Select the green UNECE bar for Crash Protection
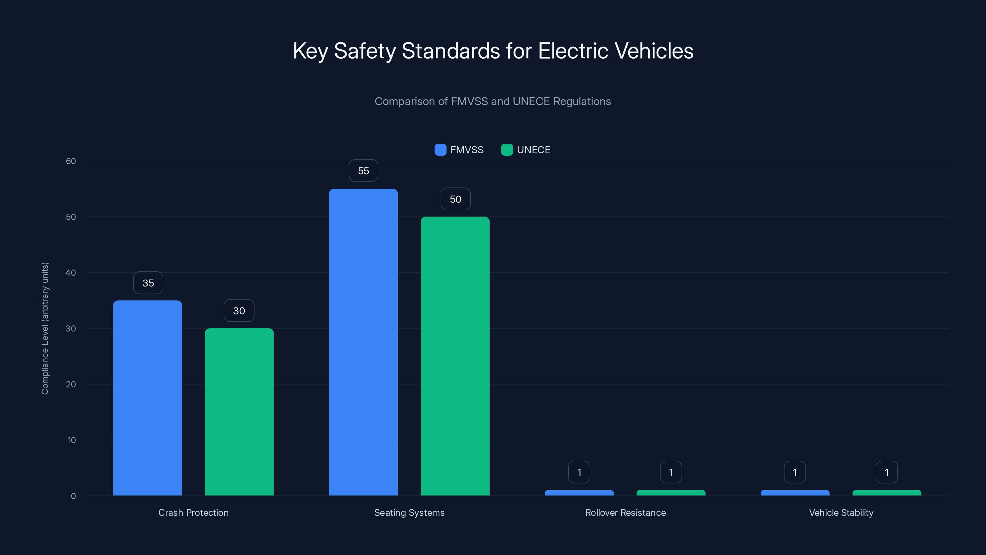(x=239, y=412)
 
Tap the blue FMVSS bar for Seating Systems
(x=363, y=342)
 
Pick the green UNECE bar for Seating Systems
(x=455, y=356)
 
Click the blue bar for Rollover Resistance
(x=579, y=493)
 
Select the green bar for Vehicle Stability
(x=886, y=493)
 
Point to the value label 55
(x=363, y=171)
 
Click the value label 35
(x=148, y=283)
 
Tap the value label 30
(x=239, y=310)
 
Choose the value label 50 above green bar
(x=455, y=199)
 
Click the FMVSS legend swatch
(x=440, y=150)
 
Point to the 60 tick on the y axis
(x=71, y=161)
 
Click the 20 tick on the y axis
(x=71, y=384)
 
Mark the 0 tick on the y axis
(x=73, y=496)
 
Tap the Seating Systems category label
(x=409, y=512)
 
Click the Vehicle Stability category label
(x=841, y=512)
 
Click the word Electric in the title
(x=573, y=51)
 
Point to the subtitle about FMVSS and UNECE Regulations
(x=493, y=101)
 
